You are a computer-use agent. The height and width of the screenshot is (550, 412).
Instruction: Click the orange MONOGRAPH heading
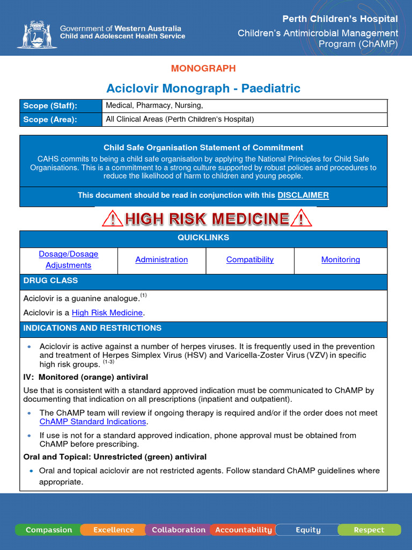coord(203,68)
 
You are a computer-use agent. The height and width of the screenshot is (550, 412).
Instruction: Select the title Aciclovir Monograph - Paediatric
coord(203,88)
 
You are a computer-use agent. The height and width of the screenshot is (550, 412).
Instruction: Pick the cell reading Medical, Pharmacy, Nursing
coord(154,106)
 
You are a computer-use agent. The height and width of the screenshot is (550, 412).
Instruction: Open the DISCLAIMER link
coord(303,196)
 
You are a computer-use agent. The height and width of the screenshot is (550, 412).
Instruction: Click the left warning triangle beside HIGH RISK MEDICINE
coord(112,219)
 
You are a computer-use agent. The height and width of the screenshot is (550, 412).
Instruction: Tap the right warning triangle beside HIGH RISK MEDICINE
coord(301,219)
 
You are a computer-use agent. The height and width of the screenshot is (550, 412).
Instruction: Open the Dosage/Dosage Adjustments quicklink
coord(69,259)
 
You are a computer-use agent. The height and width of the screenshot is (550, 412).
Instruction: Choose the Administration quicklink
coord(161,259)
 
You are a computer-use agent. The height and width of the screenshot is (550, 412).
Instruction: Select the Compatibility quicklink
coord(250,259)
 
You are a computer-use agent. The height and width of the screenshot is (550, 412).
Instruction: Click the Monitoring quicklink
coord(341,259)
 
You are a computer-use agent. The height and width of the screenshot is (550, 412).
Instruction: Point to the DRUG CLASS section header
coord(50,280)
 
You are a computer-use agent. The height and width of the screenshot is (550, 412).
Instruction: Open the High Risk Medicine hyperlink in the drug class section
coord(107,313)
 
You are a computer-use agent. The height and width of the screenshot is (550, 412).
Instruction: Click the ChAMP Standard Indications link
coord(93,422)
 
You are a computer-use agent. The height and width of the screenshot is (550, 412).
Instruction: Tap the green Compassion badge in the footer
coord(49,530)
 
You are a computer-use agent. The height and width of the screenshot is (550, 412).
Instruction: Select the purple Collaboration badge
coord(179,530)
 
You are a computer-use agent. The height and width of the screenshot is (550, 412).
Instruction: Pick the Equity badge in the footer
coord(308,530)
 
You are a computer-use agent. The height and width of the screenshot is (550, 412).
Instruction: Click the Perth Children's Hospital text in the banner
coord(340,19)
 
